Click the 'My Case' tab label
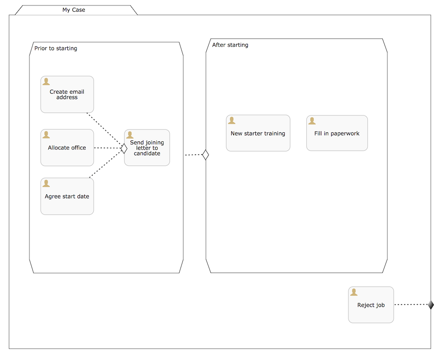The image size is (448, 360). coord(74,10)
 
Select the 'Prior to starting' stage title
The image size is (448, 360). coord(56,48)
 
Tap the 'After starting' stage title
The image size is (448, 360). coord(230,45)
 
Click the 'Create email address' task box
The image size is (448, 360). coord(67,95)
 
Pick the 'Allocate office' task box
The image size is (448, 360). coord(67,148)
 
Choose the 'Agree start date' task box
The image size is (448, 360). coord(67,197)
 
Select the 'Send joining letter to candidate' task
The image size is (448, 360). coord(147,148)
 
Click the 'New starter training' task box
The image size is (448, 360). coord(258,134)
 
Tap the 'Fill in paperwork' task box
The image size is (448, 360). coord(337,134)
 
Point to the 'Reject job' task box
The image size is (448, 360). coord(371,305)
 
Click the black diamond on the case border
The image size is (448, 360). coord(431,305)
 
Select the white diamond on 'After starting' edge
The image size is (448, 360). coord(205,155)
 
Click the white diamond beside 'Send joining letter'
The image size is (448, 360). coord(124,148)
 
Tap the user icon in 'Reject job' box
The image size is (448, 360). coord(354,293)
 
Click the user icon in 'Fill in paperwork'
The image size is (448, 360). coord(312,121)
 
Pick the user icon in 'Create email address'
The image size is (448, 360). coord(46,82)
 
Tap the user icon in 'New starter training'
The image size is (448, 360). coord(232,120)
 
